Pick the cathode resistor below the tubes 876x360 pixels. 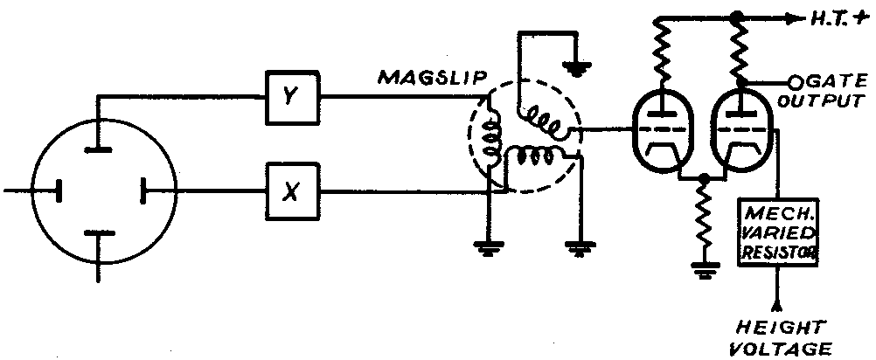(x=701, y=219)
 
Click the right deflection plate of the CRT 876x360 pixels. (x=141, y=190)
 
